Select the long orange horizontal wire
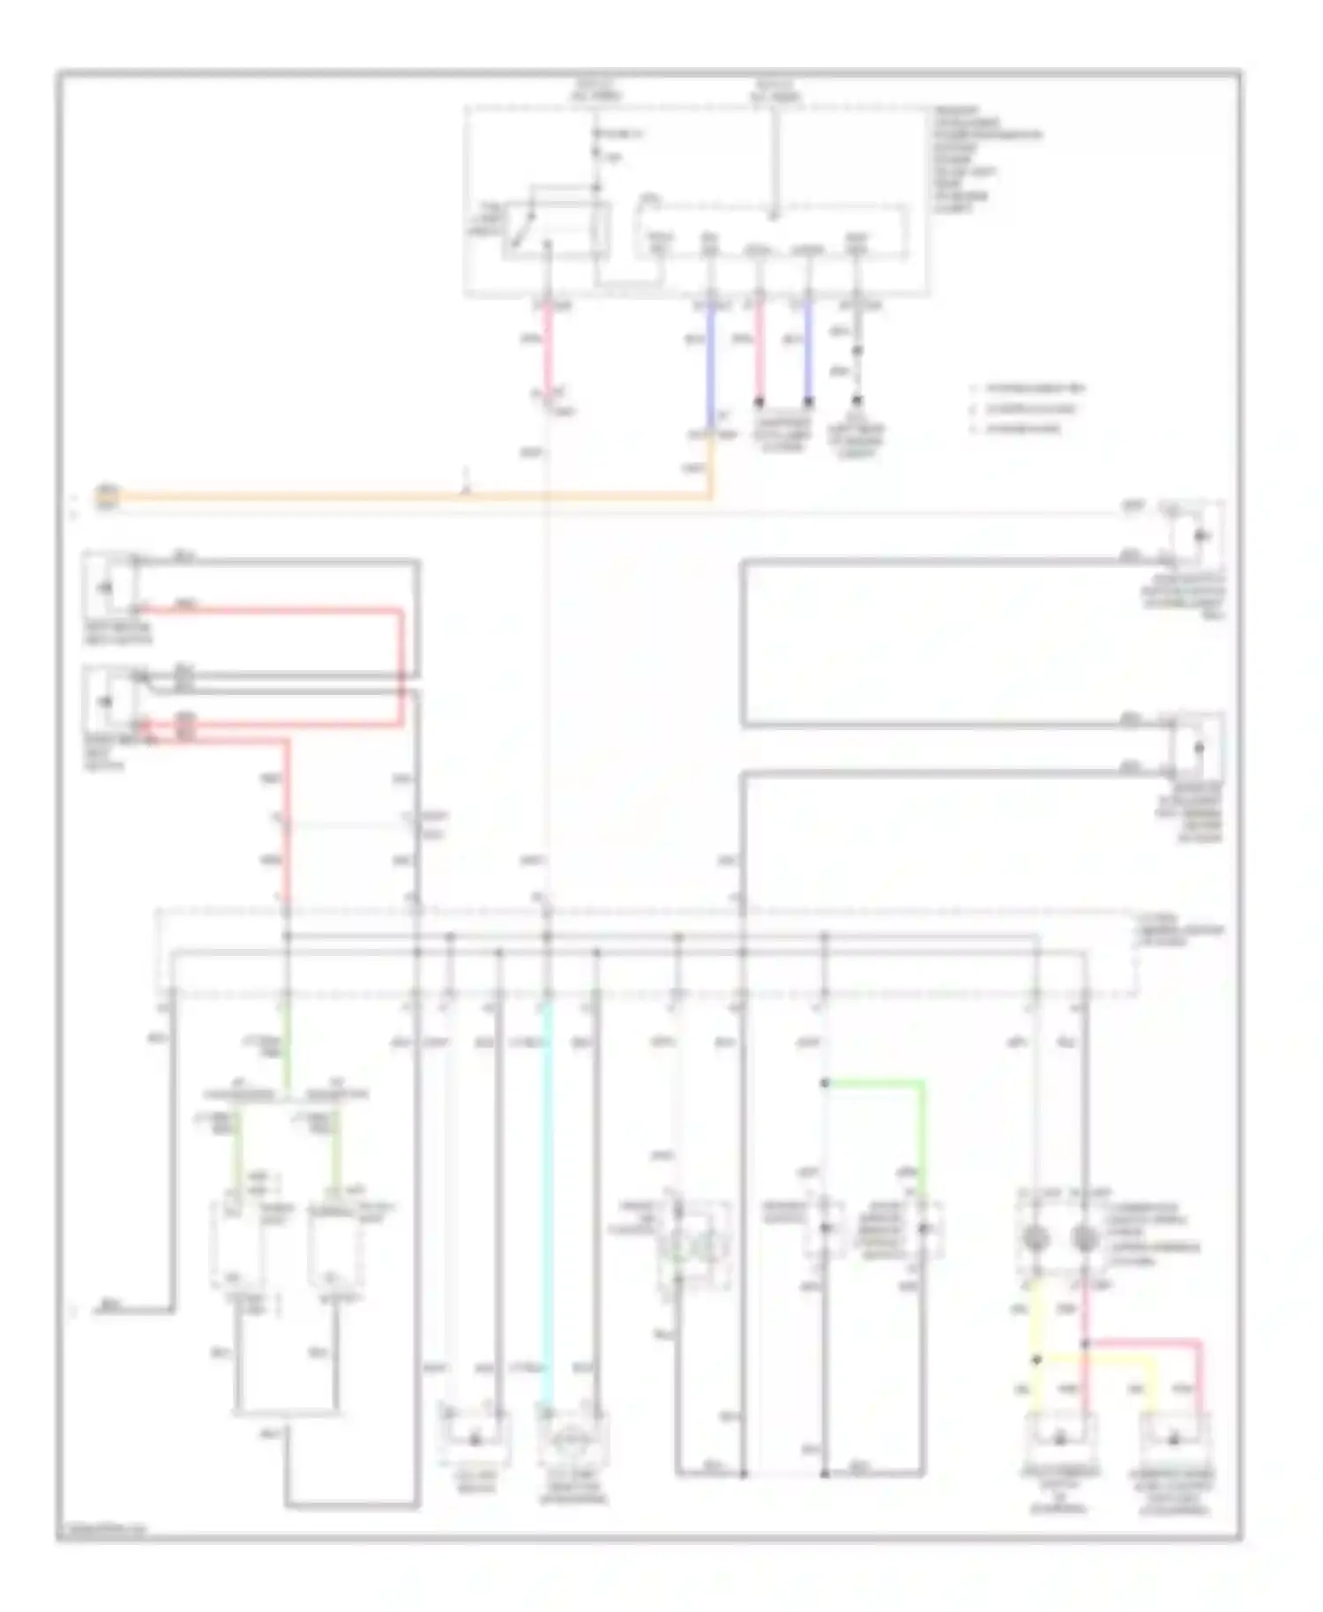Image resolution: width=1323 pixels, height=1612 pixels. click(397, 498)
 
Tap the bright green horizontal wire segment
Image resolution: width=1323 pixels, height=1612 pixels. click(873, 1082)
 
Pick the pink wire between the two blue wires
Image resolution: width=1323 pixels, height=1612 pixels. click(759, 353)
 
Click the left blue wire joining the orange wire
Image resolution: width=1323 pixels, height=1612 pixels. click(711, 370)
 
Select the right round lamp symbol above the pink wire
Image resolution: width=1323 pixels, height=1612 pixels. click(1085, 1239)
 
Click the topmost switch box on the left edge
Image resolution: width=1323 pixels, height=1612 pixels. click(108, 586)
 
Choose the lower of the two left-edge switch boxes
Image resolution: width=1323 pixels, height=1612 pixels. click(108, 702)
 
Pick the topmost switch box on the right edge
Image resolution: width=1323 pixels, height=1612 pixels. click(1197, 535)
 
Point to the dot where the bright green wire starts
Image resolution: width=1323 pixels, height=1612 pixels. click(825, 1082)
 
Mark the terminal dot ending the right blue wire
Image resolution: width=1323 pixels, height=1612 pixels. click(808, 402)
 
